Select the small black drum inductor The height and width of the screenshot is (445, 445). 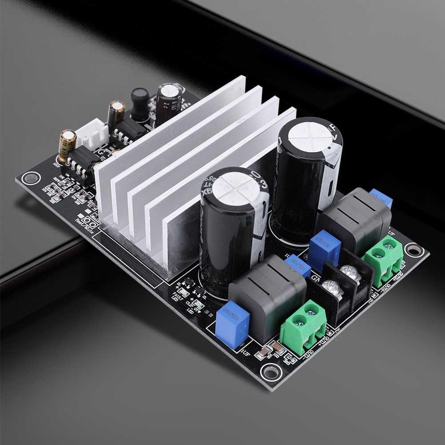click(x=139, y=103)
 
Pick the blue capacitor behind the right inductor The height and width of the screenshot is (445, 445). click(x=381, y=198)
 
